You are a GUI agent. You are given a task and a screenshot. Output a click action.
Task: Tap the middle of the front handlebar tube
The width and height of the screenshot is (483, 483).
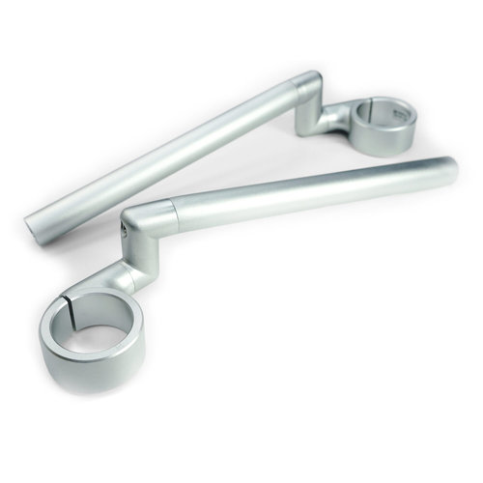tap(309, 185)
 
